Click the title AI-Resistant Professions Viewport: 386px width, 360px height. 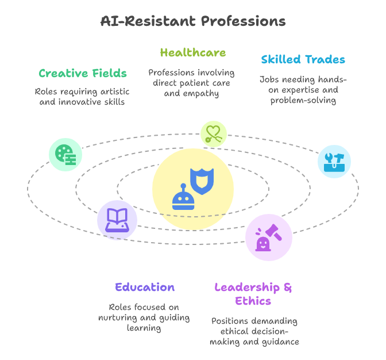pyautogui.click(x=193, y=22)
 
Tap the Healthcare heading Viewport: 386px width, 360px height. pyautogui.click(x=193, y=53)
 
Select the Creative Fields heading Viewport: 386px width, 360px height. pyautogui.click(x=83, y=74)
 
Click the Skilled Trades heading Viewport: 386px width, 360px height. pyautogui.click(x=303, y=60)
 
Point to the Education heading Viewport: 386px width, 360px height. pyautogui.click(x=144, y=288)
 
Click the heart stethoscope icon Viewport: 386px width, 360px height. pyautogui.click(x=213, y=134)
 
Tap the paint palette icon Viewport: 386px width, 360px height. pyautogui.click(x=65, y=155)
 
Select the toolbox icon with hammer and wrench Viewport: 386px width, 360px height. pyautogui.click(x=334, y=162)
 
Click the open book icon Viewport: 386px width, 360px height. pyautogui.click(x=117, y=220)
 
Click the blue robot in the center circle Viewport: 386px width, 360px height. pyautogui.click(x=183, y=198)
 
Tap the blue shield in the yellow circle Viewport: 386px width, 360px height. pyautogui.click(x=202, y=181)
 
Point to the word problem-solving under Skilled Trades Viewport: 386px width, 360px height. pyautogui.click(x=303, y=101)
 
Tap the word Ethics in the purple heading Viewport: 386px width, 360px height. pyautogui.click(x=253, y=301)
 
